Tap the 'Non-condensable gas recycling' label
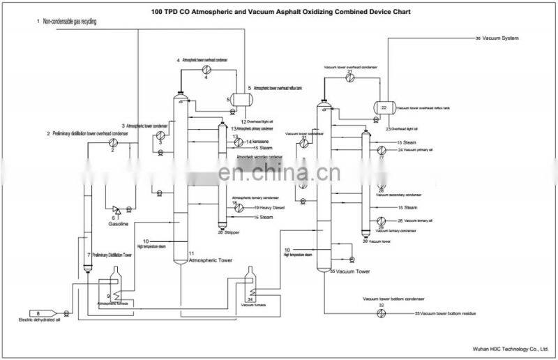coord(69,22)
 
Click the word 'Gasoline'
coord(118,225)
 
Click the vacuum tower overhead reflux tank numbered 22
coord(384,108)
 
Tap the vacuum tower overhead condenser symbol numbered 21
coord(349,80)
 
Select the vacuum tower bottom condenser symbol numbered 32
coord(381,314)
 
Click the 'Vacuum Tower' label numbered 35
coord(352,271)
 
